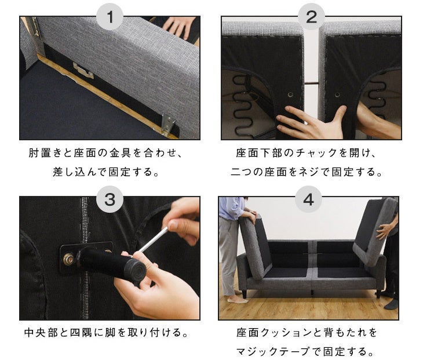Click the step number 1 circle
point(110,17)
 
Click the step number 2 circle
point(311,17)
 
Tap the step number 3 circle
point(110,199)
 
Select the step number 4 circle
point(308,199)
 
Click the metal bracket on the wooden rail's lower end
point(168,123)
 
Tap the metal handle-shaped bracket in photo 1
point(83,70)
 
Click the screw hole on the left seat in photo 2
point(290,94)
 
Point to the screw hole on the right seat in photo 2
point(337,94)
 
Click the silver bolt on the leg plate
point(69,259)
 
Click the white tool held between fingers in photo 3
point(152,240)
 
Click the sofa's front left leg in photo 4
point(245,294)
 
